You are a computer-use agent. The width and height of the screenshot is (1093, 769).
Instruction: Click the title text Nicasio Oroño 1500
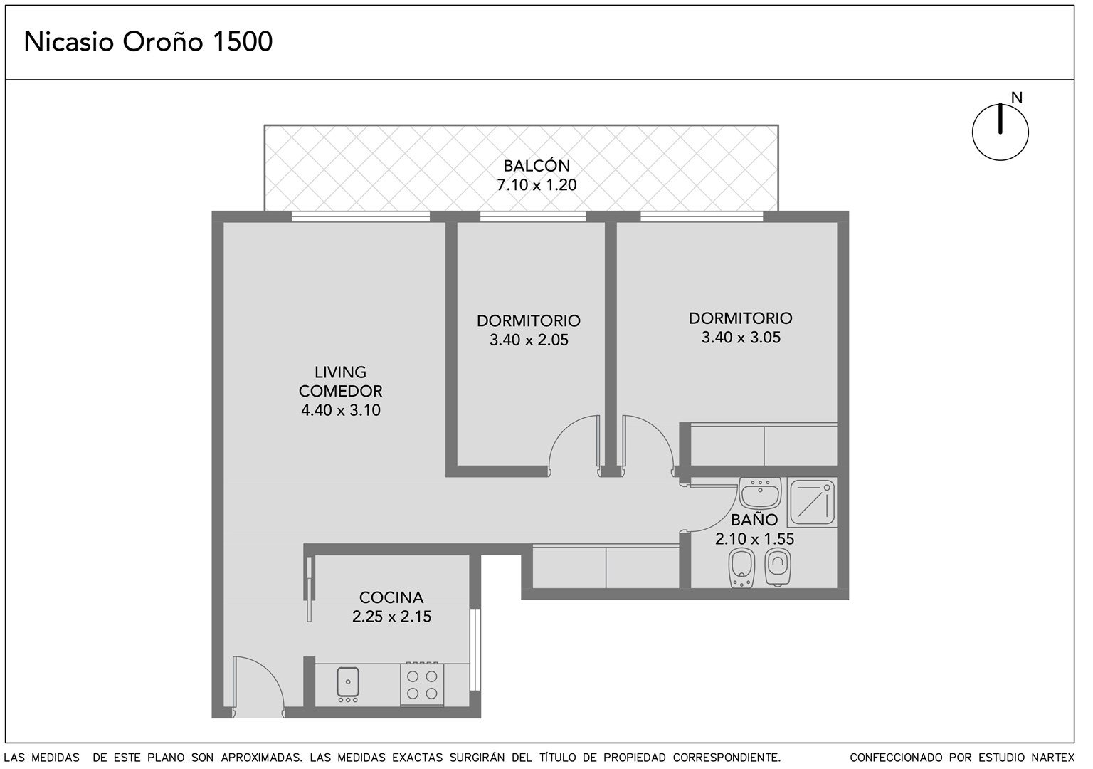tap(148, 42)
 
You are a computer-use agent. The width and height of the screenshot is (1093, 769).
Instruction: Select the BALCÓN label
tap(537, 166)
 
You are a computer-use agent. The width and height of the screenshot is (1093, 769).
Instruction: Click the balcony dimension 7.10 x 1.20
tap(537, 185)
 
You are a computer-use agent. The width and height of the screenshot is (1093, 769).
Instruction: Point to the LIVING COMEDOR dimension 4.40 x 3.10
tap(341, 410)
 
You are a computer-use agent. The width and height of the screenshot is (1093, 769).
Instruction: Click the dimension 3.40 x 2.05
tap(529, 340)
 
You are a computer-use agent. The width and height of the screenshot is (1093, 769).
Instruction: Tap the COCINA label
tap(391, 597)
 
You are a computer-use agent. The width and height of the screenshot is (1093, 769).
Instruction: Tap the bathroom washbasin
tap(761, 493)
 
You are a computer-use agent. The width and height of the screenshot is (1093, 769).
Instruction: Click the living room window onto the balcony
tap(361, 216)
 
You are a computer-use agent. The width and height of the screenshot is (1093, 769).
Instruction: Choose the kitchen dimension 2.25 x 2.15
tap(392, 617)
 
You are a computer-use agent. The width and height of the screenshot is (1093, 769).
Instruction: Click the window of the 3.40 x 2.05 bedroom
tap(533, 216)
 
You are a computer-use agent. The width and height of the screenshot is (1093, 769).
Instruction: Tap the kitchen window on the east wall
tap(475, 649)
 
